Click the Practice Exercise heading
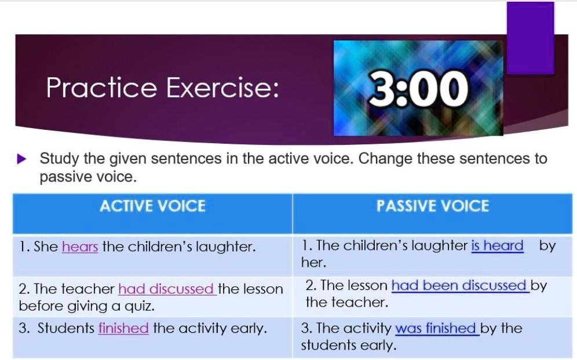163,88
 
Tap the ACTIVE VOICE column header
152,206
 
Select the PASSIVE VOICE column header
432,206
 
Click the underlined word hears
80,247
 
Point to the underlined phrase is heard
497,246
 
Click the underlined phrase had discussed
167,289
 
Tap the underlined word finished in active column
123,329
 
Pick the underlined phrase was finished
436,329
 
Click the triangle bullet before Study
23,159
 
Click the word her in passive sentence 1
313,263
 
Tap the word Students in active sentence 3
65,329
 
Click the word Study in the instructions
60,159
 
